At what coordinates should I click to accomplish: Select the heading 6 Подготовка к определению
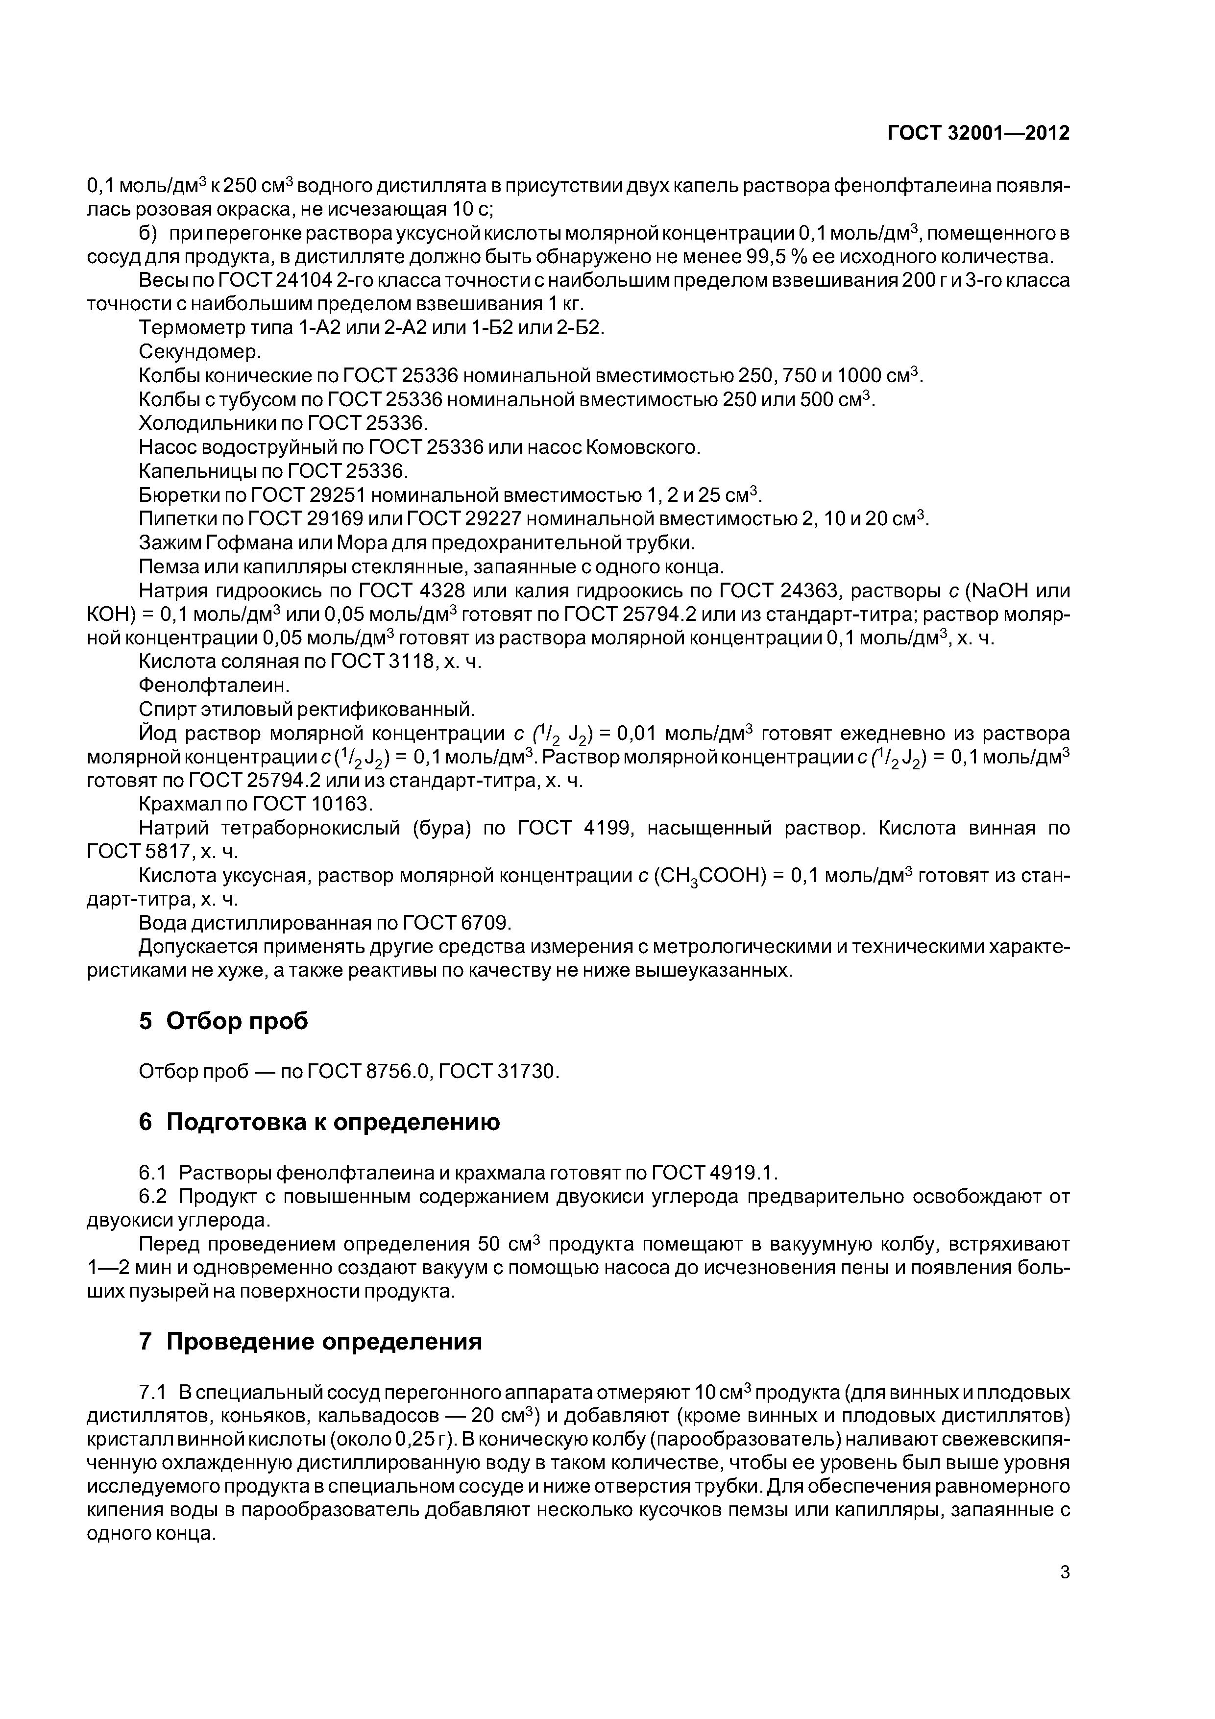[x=319, y=1122]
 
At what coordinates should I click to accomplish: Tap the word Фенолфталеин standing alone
[x=214, y=684]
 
